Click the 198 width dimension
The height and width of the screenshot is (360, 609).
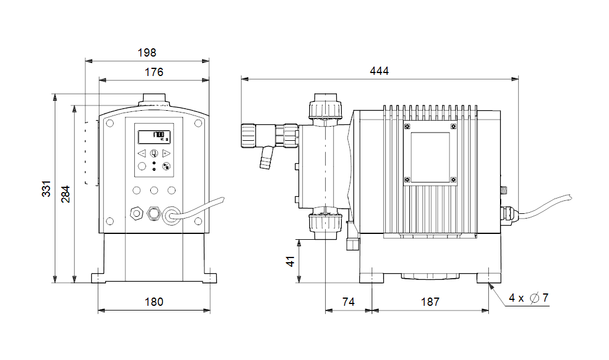coord(147,52)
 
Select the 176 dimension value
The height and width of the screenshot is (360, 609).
coord(154,72)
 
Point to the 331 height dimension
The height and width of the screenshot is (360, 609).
coord(46,189)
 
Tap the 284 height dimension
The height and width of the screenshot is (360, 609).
coord(65,194)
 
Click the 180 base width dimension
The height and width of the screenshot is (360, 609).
coord(154,302)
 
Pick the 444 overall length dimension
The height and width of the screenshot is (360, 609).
coord(379,71)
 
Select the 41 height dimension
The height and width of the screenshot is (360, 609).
coord(290,261)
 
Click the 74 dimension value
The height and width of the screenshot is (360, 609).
coord(349,302)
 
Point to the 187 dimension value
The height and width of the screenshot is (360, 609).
coord(431,302)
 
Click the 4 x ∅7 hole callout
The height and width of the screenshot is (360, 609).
coord(528,298)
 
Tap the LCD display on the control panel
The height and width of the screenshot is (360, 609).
coord(154,137)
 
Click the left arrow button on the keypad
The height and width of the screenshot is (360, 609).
coord(142,153)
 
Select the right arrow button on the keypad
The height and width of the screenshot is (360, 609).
coord(166,153)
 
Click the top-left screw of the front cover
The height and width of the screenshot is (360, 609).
coord(110,124)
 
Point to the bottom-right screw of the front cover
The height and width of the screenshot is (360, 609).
coord(198,222)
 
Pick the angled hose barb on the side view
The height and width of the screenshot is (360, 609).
coord(266,157)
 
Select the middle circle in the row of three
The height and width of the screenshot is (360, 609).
coord(154,190)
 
